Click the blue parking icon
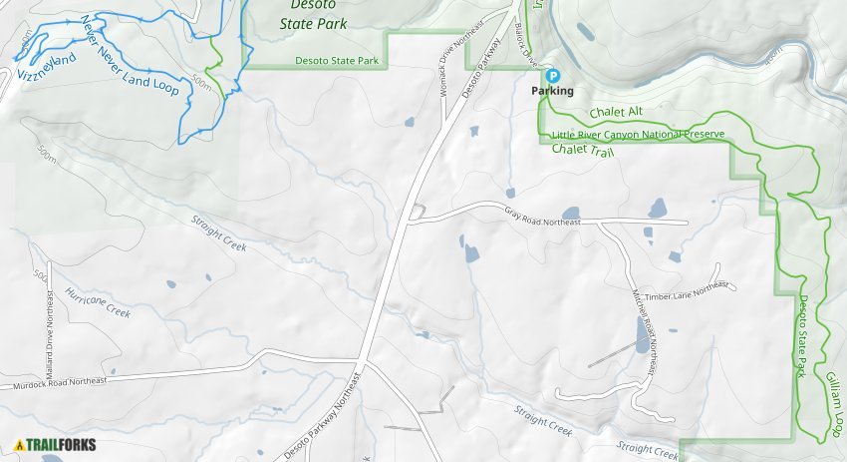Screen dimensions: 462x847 553,75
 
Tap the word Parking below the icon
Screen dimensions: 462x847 552,91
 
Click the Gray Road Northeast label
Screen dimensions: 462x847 542,217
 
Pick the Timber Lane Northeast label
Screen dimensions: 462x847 687,289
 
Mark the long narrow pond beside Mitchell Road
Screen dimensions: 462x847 640,335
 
